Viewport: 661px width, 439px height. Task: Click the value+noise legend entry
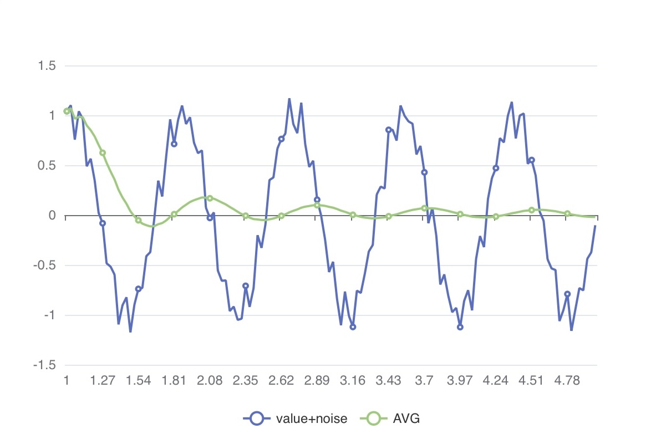point(296,418)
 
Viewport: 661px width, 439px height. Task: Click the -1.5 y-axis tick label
point(46,365)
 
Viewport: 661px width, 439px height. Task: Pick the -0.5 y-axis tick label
point(46,266)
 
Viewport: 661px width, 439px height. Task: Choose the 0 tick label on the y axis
point(53,216)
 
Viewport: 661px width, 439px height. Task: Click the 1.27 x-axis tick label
point(103,380)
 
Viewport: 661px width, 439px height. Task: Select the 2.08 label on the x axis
point(210,380)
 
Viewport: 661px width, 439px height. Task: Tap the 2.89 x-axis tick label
point(317,380)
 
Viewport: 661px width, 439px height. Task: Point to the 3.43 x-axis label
point(388,380)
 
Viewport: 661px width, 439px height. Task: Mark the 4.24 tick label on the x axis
point(496,380)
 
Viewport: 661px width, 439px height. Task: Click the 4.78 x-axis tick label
point(567,380)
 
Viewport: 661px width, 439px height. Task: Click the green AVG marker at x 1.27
point(103,152)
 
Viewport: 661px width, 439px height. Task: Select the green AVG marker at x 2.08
point(210,198)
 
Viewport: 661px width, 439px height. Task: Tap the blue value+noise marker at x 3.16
point(353,327)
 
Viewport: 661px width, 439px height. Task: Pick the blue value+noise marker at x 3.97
point(460,327)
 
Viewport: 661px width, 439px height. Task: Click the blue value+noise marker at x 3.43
point(388,130)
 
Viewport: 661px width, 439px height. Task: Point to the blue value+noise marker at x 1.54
point(138,289)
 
